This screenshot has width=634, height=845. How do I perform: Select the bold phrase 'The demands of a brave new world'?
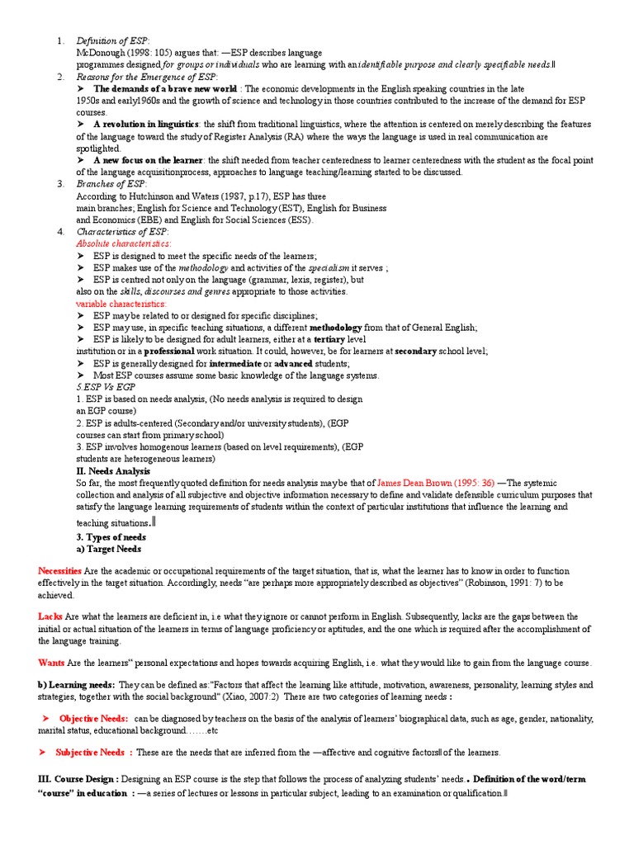pyautogui.click(x=165, y=88)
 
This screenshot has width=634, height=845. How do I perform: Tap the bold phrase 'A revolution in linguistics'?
pyautogui.click(x=148, y=124)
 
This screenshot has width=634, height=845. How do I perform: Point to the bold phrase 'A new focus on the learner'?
pyautogui.click(x=149, y=160)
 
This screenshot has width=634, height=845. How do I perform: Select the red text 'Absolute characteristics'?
pyautogui.click(x=123, y=244)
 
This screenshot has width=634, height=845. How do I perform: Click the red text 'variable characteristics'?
pyautogui.click(x=121, y=304)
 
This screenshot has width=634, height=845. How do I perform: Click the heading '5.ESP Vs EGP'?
pyautogui.click(x=106, y=387)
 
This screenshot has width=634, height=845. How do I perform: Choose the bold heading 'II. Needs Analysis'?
pyautogui.click(x=113, y=471)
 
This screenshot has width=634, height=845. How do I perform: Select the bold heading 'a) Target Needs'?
pyautogui.click(x=108, y=549)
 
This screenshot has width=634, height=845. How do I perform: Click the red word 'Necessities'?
pyautogui.click(x=59, y=571)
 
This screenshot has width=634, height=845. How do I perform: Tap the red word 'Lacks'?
pyautogui.click(x=50, y=616)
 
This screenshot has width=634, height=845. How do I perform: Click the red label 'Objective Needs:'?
pyautogui.click(x=93, y=719)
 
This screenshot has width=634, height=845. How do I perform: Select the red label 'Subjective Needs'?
pyautogui.click(x=90, y=753)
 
